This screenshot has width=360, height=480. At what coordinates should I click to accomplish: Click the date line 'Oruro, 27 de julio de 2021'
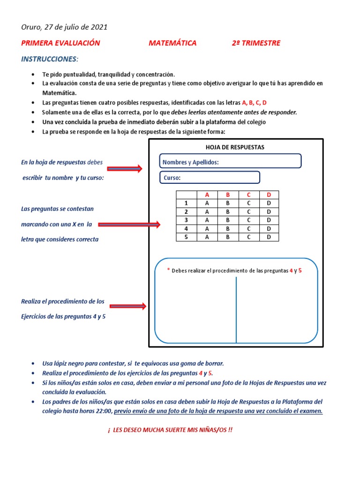64,27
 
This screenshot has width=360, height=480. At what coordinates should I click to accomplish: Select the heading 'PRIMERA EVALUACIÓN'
60,43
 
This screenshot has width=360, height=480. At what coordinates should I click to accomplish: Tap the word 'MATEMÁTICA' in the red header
172,43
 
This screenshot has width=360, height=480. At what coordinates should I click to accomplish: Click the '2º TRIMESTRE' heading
256,43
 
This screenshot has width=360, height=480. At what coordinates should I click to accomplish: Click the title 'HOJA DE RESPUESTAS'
236,147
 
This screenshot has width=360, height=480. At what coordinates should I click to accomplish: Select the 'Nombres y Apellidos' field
230,162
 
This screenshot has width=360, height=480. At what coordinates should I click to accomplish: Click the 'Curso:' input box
210,178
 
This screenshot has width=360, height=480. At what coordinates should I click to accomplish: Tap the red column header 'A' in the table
206,195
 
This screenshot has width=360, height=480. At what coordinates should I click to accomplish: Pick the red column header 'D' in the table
269,195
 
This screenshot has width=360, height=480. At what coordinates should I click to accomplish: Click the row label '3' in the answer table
186,220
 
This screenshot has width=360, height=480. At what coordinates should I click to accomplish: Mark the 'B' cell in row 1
228,203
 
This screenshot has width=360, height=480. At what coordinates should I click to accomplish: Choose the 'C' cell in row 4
249,228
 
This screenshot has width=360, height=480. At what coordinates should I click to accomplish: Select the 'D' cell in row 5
269,237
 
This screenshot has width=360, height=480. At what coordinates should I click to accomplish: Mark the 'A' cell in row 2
206,212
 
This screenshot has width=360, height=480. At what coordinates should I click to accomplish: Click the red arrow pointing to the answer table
129,225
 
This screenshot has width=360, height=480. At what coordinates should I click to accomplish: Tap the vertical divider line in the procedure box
236,309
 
